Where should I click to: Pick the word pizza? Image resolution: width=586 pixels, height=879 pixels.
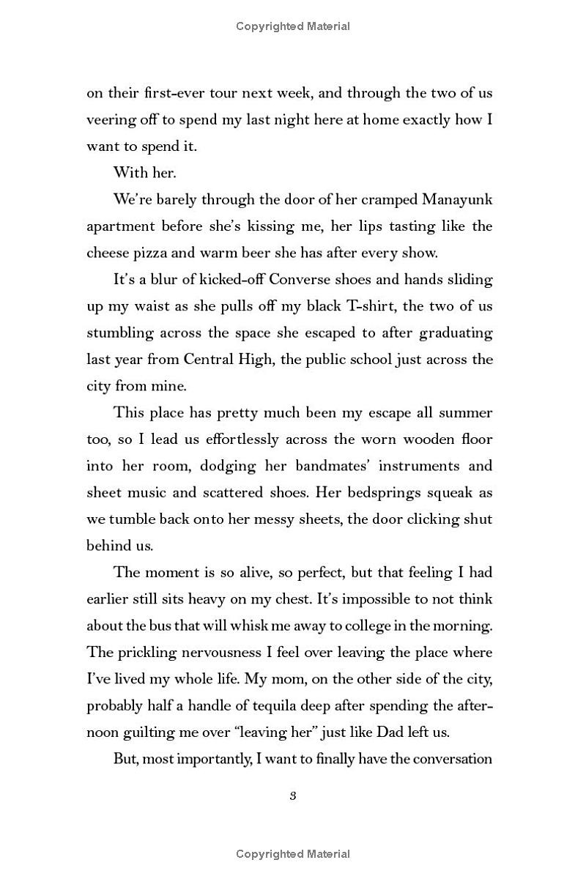(x=152, y=253)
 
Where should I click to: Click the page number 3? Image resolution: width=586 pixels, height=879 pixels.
(x=292, y=796)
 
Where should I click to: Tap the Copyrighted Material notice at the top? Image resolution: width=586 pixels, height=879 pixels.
(x=293, y=26)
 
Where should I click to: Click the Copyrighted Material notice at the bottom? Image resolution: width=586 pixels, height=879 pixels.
(x=293, y=854)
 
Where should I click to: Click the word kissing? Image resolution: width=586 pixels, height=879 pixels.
(x=222, y=226)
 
